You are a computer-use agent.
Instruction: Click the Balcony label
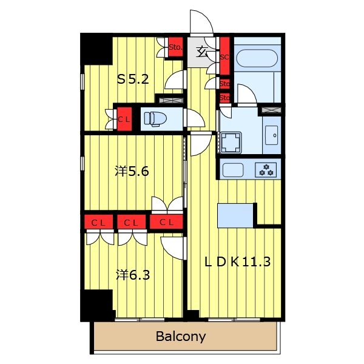click(x=181, y=336)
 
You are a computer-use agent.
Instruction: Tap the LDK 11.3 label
click(x=237, y=262)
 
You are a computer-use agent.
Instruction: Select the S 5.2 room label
click(x=133, y=79)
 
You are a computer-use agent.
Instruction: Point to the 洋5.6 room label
click(x=132, y=172)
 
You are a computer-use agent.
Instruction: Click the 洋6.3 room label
click(x=133, y=275)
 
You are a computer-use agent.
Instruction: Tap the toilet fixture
click(x=155, y=119)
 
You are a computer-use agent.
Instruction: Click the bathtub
click(x=257, y=58)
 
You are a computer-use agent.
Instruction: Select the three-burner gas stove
click(x=266, y=170)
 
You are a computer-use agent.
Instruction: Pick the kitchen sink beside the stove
click(x=233, y=170)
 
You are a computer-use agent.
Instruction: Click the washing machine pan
click(x=231, y=143)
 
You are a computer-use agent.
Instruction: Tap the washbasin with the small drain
click(x=272, y=135)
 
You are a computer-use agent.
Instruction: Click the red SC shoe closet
click(x=224, y=56)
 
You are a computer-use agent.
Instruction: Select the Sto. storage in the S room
click(x=175, y=47)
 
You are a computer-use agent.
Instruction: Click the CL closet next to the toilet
click(x=124, y=119)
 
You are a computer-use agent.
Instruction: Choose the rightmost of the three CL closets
click(x=166, y=222)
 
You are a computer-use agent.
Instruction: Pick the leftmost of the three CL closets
click(x=98, y=222)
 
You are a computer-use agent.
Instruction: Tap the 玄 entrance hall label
click(x=201, y=52)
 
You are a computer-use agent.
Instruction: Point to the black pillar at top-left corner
click(x=96, y=49)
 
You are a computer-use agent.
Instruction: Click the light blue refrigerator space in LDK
click(x=235, y=215)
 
